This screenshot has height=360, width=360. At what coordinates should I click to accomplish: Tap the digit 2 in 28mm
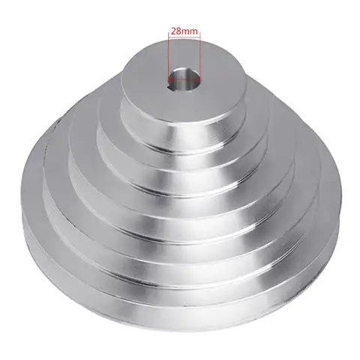[173, 32]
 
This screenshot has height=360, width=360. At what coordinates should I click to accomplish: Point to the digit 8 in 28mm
[178, 32]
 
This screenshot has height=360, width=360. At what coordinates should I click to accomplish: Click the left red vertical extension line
[169, 56]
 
